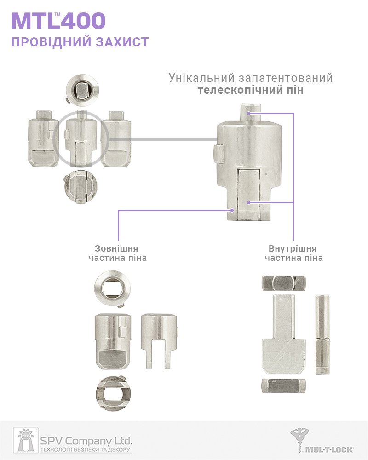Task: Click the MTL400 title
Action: [58, 21]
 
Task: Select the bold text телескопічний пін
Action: [251, 90]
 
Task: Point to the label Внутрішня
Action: [293, 248]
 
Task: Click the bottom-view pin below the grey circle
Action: [81, 187]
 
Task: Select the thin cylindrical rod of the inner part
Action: [322, 335]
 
